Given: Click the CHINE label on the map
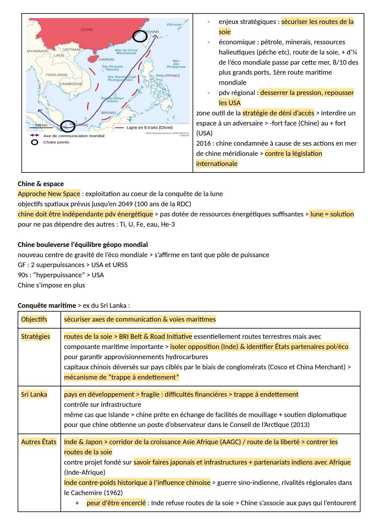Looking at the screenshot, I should click(87, 29).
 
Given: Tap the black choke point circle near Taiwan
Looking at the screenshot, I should click(140, 36).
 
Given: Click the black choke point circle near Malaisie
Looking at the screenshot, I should click(67, 127).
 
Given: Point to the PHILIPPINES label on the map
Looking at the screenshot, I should click(168, 76).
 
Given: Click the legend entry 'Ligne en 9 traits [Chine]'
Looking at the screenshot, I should click(149, 128).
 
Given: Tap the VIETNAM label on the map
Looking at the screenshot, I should click(72, 50).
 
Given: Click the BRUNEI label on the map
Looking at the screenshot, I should click(108, 113).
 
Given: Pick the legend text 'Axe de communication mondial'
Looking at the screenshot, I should click(74, 136).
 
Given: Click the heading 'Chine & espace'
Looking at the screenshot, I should click(41, 184).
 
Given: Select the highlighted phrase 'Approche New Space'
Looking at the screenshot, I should click(49, 194).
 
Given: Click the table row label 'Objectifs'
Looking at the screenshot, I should click(34, 319).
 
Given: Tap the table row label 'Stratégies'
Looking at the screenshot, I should click(35, 336).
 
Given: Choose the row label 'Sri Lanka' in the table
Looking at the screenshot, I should click(34, 394).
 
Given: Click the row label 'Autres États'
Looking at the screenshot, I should click(39, 442).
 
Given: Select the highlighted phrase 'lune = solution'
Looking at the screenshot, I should click(332, 214).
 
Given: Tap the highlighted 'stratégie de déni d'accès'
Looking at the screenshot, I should click(278, 113).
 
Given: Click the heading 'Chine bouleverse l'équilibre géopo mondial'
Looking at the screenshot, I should click(83, 245).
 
